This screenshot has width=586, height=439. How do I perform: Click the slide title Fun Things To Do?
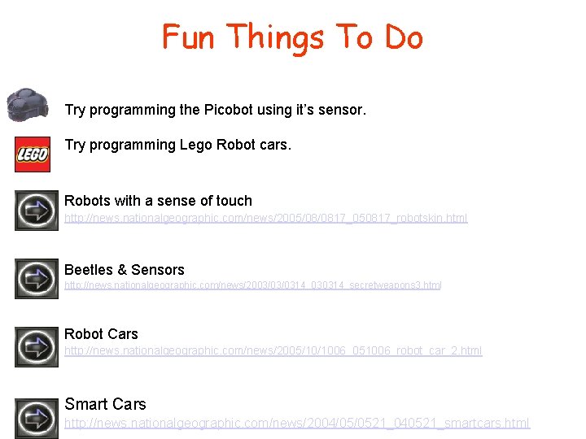tap(292, 37)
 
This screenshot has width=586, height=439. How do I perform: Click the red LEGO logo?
tap(33, 154)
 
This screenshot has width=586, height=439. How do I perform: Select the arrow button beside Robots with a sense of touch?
tap(37, 211)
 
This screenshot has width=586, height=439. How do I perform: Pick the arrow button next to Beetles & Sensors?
tap(37, 278)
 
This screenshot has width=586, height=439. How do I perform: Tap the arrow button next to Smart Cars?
tap(37, 417)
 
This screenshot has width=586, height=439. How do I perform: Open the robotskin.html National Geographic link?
tap(265, 219)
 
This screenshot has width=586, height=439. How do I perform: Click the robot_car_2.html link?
tap(273, 351)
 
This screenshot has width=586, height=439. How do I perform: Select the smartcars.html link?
tap(297, 423)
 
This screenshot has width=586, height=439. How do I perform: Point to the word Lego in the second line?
tap(195, 146)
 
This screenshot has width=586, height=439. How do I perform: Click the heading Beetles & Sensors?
tap(125, 270)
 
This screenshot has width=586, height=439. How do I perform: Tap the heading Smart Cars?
tap(105, 404)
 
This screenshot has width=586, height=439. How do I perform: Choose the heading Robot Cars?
tap(101, 334)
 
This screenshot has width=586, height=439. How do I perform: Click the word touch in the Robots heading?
tap(234, 201)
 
